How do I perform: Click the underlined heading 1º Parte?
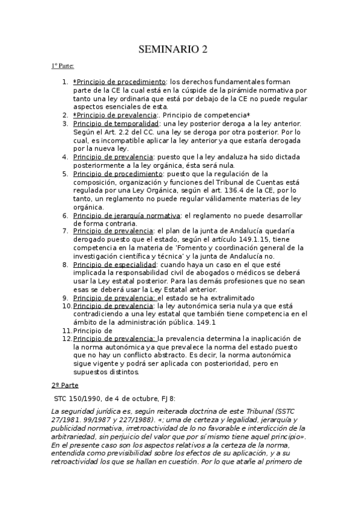63,67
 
